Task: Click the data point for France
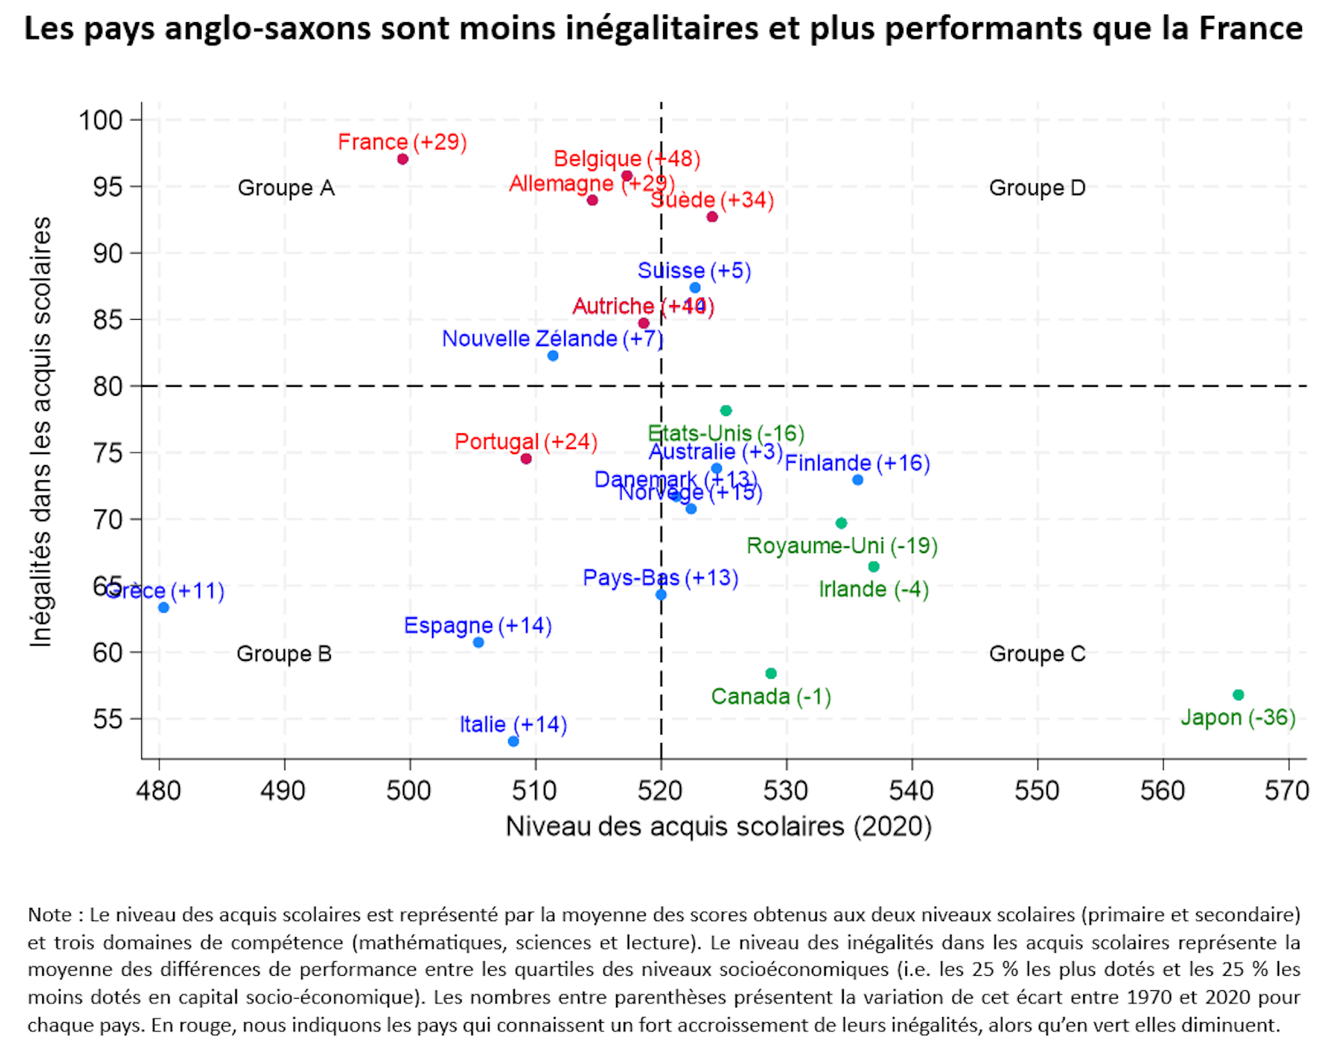(403, 159)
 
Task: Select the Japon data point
(1238, 695)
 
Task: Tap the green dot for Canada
(771, 673)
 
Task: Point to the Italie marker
(514, 741)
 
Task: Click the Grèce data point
(163, 608)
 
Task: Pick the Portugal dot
(526, 459)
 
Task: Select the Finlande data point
(858, 480)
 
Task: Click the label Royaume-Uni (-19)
(842, 546)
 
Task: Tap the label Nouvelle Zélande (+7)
(552, 339)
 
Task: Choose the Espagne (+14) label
(478, 626)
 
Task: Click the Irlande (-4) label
(874, 590)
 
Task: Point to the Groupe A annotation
(286, 188)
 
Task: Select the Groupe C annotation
(1037, 654)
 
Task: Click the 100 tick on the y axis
(100, 120)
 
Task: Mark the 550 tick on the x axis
(1037, 791)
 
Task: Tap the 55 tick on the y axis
(108, 720)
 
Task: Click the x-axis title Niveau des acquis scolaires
(718, 827)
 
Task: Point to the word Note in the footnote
(50, 915)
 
